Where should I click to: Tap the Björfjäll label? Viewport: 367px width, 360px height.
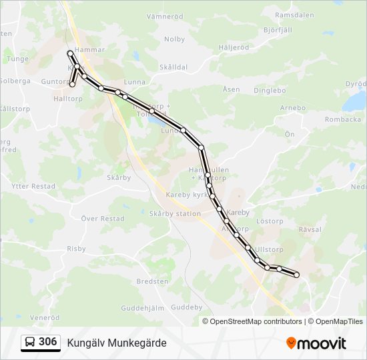pyautogui.click(x=280, y=30)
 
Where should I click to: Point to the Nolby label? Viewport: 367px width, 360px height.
pyautogui.click(x=174, y=39)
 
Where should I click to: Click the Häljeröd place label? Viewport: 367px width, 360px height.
pyautogui.click(x=234, y=48)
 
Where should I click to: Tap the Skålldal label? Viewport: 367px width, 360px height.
pyautogui.click(x=173, y=67)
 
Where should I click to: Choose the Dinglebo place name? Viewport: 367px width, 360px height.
pyautogui.click(x=270, y=91)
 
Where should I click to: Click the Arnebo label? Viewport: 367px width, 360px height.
pyautogui.click(x=292, y=108)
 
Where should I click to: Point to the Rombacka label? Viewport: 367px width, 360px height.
pyautogui.click(x=342, y=120)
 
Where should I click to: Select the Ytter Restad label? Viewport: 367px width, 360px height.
pyautogui.click(x=33, y=187)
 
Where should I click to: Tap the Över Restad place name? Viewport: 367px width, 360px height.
pyautogui.click(x=102, y=219)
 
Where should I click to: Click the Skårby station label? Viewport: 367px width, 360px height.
pyautogui.click(x=175, y=214)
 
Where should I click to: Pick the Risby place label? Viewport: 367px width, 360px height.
pyautogui.click(x=76, y=249)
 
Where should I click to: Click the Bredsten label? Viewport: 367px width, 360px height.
pyautogui.click(x=152, y=281)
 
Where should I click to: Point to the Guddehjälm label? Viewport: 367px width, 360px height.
pyautogui.click(x=143, y=308)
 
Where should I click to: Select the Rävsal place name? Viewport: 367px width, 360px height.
pyautogui.click(x=310, y=229)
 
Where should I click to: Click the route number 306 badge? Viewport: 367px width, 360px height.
pyautogui.click(x=41, y=342)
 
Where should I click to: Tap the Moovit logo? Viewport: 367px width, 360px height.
pyautogui.click(x=316, y=343)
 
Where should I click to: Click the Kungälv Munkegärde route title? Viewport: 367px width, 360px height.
pyautogui.click(x=117, y=343)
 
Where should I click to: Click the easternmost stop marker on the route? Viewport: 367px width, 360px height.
pyautogui.click(x=296, y=275)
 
